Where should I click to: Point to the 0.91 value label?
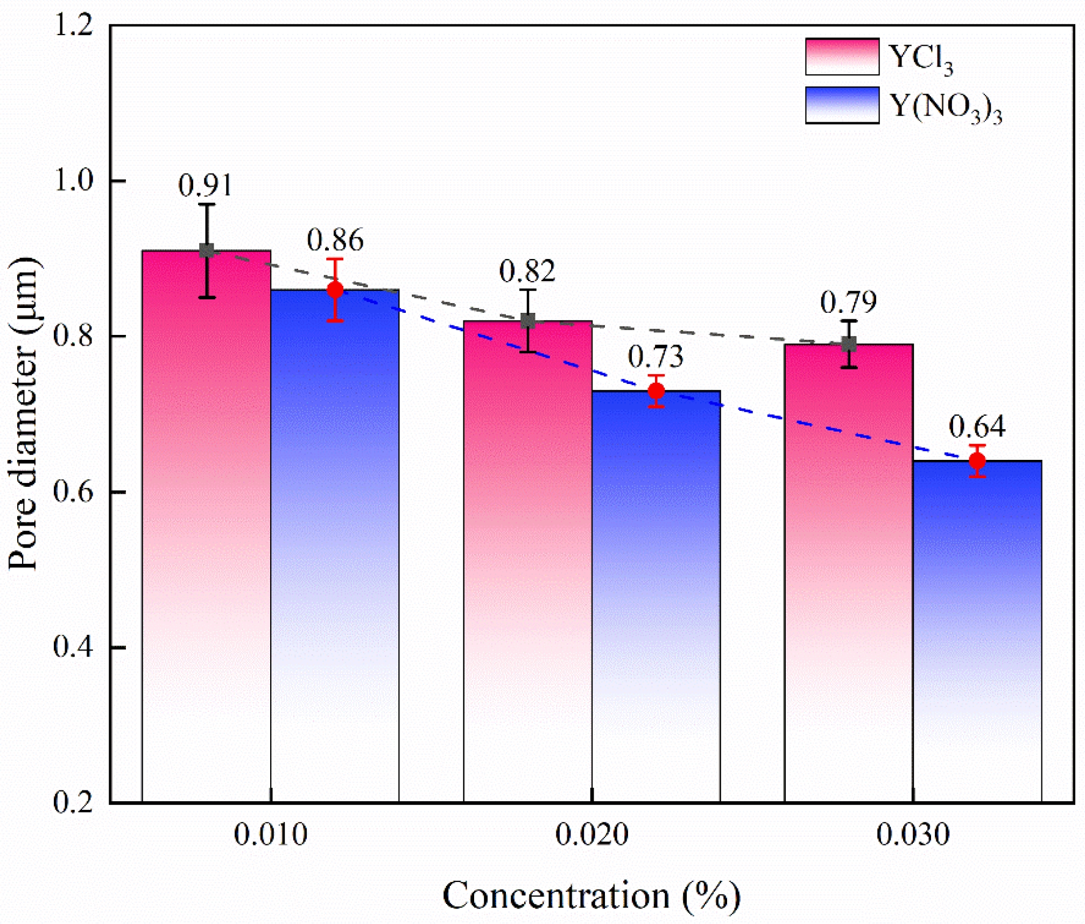tap(205, 186)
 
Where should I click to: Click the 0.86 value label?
tap(335, 240)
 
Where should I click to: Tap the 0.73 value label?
tap(656, 357)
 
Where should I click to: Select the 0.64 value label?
tap(977, 427)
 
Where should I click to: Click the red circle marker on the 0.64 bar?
tap(977, 461)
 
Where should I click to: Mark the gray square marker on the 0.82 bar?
tap(528, 321)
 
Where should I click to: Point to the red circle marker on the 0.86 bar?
tap(335, 290)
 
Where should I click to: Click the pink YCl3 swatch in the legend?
tap(842, 57)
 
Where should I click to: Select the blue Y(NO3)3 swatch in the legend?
tap(842, 105)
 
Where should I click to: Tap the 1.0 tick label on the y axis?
tap(74, 181)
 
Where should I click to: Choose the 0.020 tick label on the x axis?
tap(591, 835)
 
